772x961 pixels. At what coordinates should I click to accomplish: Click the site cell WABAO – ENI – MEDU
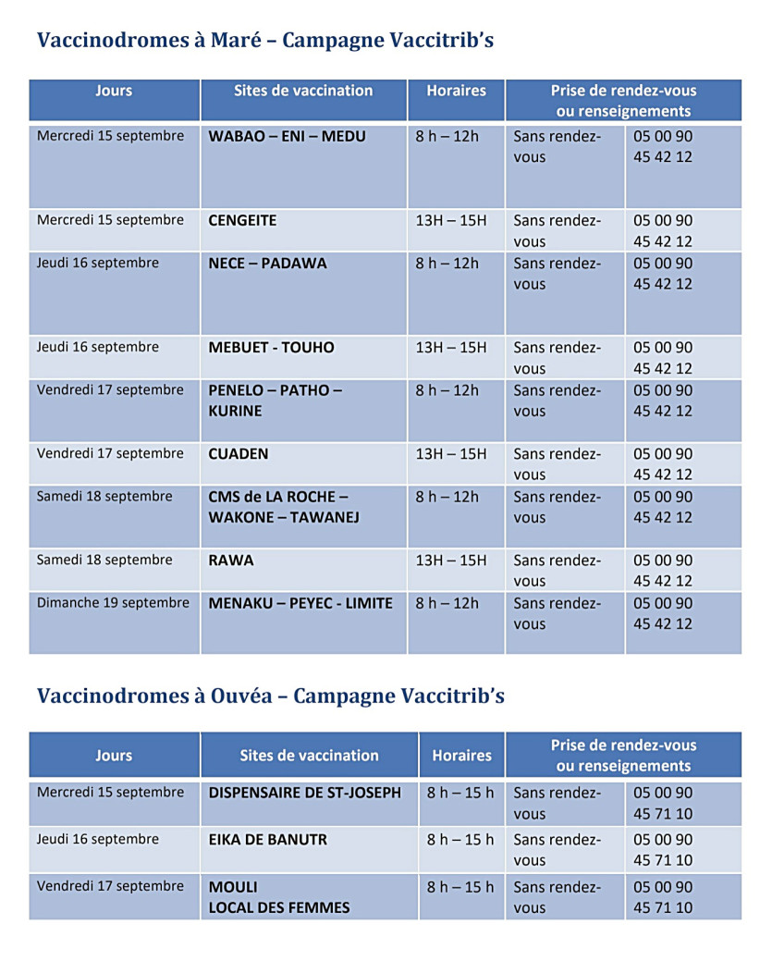[x=287, y=137]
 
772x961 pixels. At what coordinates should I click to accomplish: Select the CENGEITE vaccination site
[x=242, y=221]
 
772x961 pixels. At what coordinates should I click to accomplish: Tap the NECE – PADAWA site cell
[x=267, y=264]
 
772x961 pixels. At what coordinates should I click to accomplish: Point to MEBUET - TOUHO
[x=271, y=348]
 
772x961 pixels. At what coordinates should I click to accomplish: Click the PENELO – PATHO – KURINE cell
[x=275, y=400]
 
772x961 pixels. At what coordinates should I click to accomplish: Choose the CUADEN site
[x=239, y=454]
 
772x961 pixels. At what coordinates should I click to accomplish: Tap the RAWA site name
[x=230, y=561]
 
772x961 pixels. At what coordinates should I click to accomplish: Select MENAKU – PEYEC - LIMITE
[x=300, y=604]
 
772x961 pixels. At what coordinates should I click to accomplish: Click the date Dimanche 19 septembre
[x=113, y=603]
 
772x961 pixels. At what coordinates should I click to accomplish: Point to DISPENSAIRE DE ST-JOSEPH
[x=305, y=793]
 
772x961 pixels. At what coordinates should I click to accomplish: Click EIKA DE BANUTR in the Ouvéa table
[x=267, y=840]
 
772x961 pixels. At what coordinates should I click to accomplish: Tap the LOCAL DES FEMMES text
[x=279, y=907]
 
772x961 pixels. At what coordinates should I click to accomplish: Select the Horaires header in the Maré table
[x=456, y=91]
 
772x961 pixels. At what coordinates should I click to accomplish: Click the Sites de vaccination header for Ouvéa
[x=309, y=756]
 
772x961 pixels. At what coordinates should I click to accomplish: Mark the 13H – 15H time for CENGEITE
[x=450, y=221]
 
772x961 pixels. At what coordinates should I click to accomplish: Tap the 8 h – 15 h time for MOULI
[x=460, y=887]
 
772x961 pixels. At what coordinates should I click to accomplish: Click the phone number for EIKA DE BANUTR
[x=662, y=850]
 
